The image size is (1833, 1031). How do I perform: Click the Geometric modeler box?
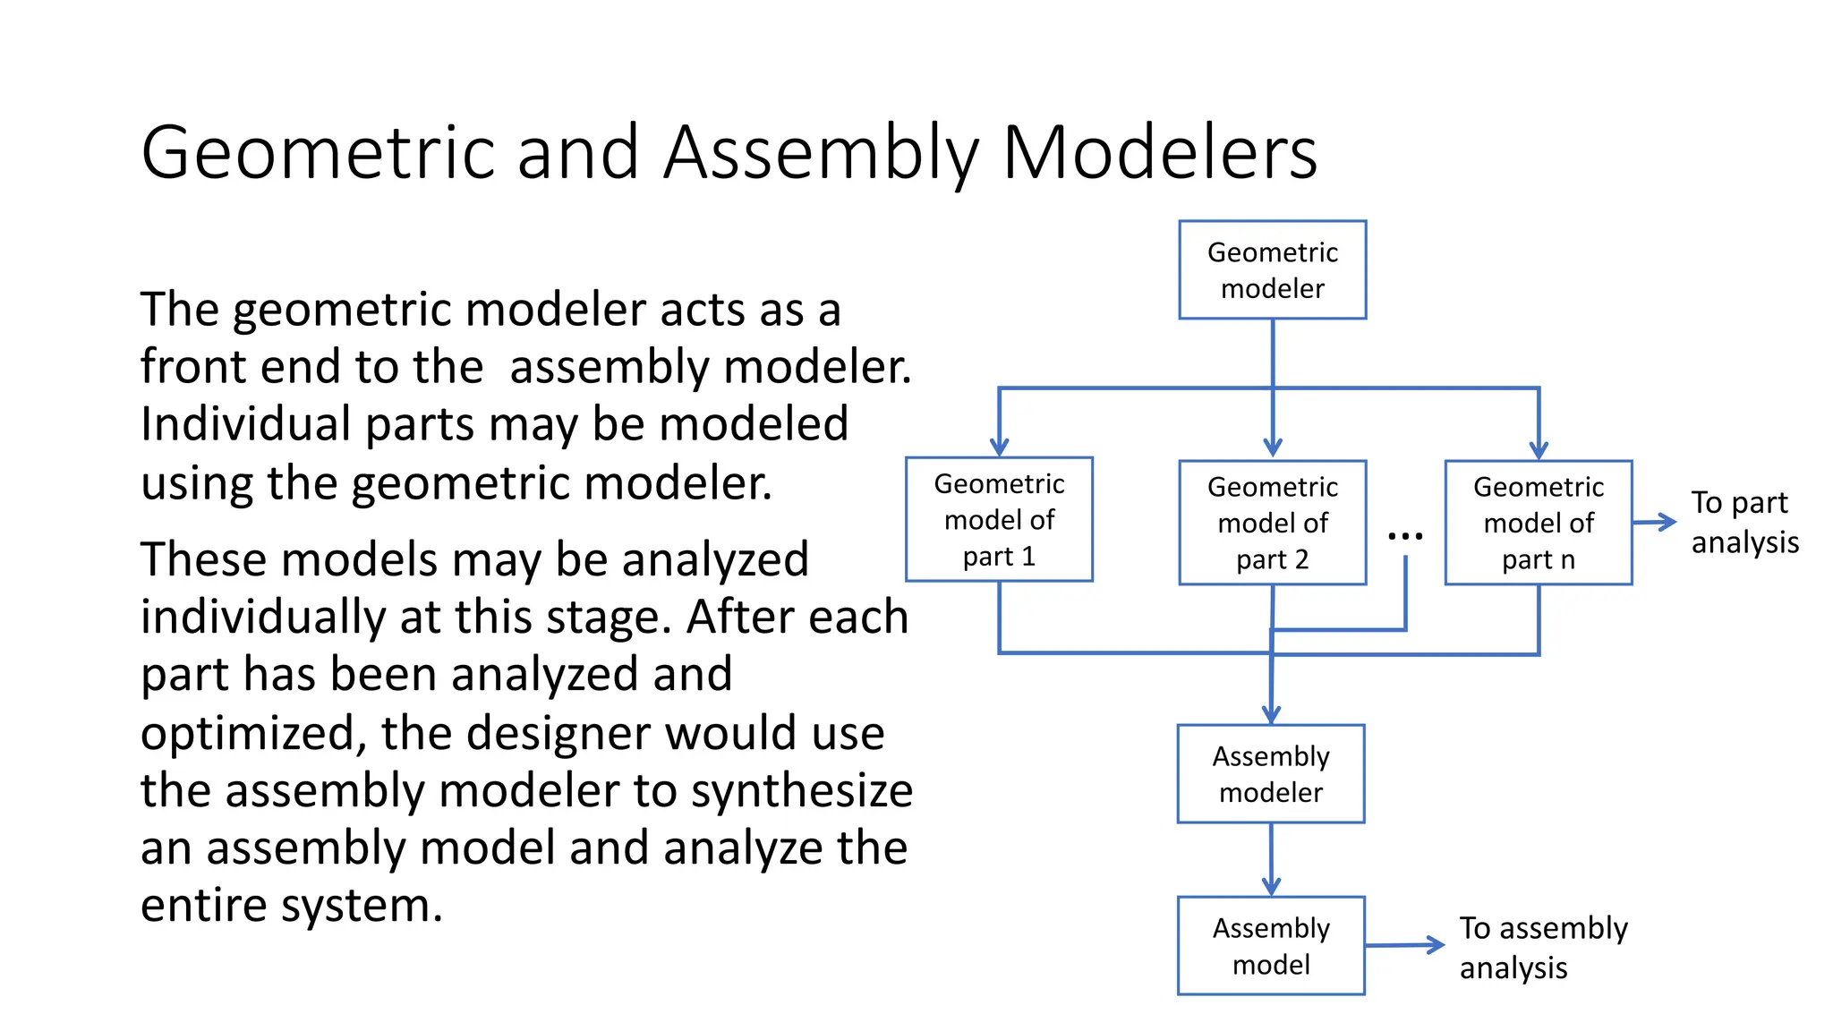coord(1272,269)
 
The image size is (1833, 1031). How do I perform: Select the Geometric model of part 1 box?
coord(999,519)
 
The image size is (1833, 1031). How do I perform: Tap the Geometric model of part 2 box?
coord(1272,523)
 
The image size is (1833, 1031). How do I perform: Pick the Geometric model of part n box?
coord(1538,523)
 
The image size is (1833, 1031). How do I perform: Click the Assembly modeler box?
coord(1270,773)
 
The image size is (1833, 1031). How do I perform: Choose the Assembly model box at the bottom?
coord(1270,945)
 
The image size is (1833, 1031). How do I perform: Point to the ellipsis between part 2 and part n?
coord(1404,536)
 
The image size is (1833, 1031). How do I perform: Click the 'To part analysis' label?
coord(1743,522)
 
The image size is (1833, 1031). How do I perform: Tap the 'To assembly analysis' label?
coord(1543,947)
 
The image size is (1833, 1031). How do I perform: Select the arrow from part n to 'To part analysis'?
coord(1654,522)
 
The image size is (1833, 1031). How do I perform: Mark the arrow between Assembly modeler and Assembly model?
coord(1270,859)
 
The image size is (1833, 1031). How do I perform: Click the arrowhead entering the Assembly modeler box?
coord(1270,714)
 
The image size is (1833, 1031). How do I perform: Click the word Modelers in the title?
coord(1159,152)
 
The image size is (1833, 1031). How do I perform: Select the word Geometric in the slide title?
coord(318,152)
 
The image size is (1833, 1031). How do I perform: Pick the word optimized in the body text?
coord(253,734)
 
